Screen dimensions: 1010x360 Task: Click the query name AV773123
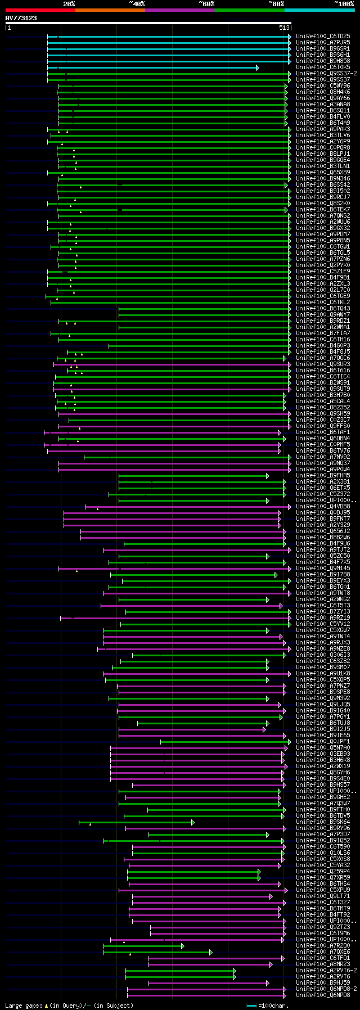click(x=21, y=18)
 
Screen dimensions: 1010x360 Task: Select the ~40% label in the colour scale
click(x=137, y=4)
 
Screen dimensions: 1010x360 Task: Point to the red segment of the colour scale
click(x=40, y=10)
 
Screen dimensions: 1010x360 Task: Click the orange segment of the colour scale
click(x=110, y=10)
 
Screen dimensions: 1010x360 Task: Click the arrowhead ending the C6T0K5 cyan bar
click(x=257, y=67)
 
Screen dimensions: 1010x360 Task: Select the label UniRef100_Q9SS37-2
click(x=326, y=74)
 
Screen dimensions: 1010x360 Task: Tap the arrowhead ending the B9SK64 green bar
click(x=192, y=822)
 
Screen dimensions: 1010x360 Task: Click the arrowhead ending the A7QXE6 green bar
click(x=210, y=952)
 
